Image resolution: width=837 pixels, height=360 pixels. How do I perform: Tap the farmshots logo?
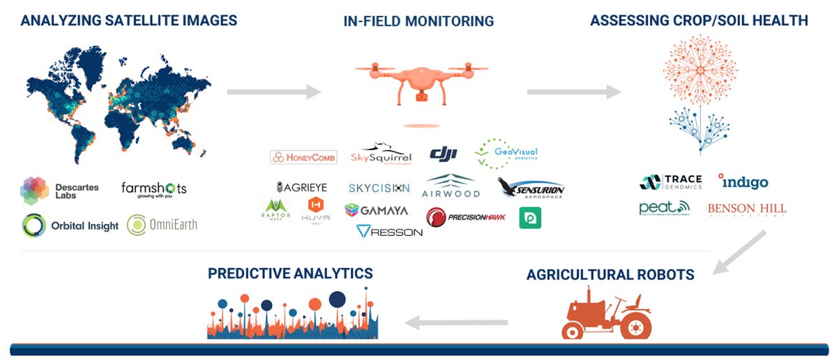(x=153, y=189)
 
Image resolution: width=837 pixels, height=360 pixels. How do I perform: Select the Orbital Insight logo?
(x=70, y=225)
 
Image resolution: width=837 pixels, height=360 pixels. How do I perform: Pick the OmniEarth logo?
(x=162, y=225)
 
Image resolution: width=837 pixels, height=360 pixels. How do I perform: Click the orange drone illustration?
(x=419, y=82)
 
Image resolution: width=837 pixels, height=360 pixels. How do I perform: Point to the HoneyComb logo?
(x=303, y=158)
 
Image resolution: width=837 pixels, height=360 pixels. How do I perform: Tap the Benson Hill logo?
(x=746, y=209)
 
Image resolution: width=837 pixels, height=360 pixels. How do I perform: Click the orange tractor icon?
(x=605, y=315)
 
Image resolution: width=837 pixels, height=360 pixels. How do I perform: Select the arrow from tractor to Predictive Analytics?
(x=456, y=322)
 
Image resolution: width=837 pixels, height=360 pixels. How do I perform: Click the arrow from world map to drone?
(x=273, y=91)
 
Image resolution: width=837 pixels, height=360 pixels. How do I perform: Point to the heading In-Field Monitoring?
(x=418, y=21)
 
